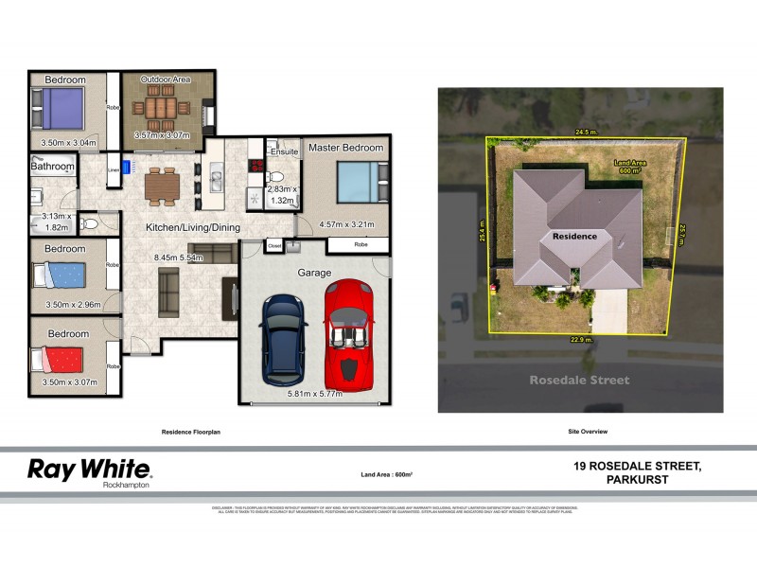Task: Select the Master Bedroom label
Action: [x=345, y=149]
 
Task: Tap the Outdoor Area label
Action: [x=166, y=80]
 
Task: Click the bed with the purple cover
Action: [x=59, y=109]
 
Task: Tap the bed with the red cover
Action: [x=59, y=361]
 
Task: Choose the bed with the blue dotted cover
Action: [x=59, y=275]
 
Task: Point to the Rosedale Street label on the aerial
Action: [x=580, y=381]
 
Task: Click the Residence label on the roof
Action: [x=575, y=236]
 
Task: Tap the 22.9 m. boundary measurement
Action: [x=580, y=339]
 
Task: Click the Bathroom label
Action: [x=52, y=167]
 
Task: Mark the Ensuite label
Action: [x=284, y=151]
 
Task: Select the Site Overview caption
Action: [x=587, y=432]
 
